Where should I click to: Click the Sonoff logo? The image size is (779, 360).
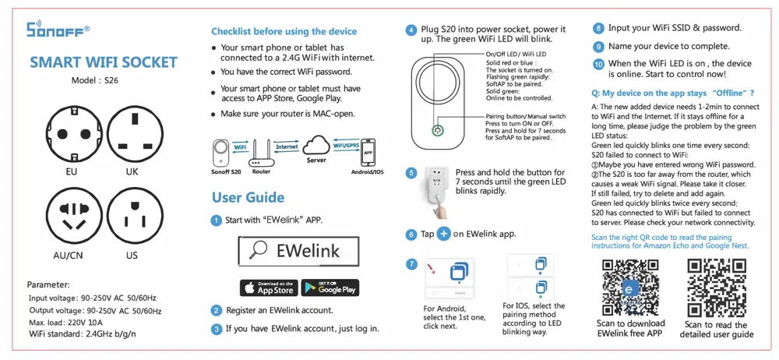point(58,30)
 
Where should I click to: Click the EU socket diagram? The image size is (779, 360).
point(71,132)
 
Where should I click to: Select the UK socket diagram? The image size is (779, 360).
point(132,132)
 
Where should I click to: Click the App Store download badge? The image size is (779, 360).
point(267,288)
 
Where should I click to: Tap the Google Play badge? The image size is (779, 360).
point(330,288)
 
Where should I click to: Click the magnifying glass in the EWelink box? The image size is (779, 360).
point(257,251)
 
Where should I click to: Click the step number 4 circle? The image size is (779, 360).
point(411,30)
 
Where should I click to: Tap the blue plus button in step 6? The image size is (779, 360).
point(443,234)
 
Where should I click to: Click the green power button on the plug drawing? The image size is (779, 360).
point(438,131)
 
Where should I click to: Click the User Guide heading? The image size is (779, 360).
point(249,197)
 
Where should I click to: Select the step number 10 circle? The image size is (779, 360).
point(598,64)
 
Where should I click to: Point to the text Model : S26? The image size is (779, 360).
point(93,80)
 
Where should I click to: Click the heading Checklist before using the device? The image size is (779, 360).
point(284,31)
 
